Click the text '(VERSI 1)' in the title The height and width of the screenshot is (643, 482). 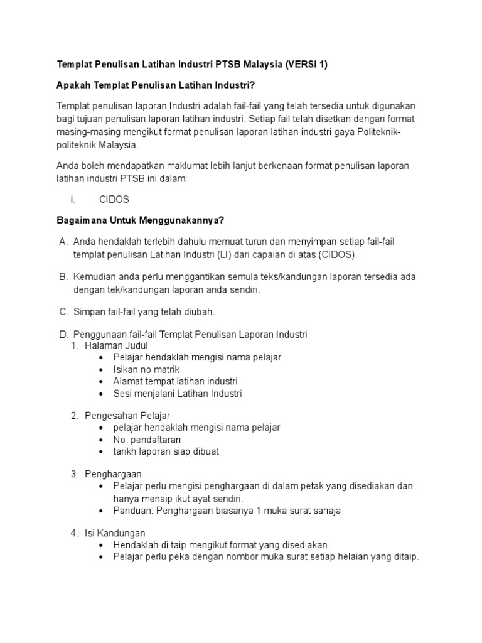[308, 65]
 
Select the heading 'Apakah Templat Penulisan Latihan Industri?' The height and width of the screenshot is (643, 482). [157, 85]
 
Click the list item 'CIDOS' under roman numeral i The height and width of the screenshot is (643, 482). [114, 199]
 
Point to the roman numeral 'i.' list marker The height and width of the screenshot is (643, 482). [73, 199]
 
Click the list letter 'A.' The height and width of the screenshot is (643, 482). [63, 241]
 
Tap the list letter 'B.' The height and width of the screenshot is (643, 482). [63, 276]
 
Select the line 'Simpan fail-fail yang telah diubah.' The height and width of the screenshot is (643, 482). [144, 311]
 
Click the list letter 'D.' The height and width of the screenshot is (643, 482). [63, 334]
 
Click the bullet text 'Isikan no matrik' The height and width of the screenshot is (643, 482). [146, 369]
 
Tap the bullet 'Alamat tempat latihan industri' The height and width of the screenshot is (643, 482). [175, 381]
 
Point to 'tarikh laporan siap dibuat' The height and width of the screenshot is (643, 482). [166, 451]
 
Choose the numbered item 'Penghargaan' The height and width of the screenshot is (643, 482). [113, 474]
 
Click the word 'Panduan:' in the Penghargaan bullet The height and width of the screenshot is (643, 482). [132, 511]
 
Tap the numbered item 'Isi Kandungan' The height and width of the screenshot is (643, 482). [115, 533]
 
